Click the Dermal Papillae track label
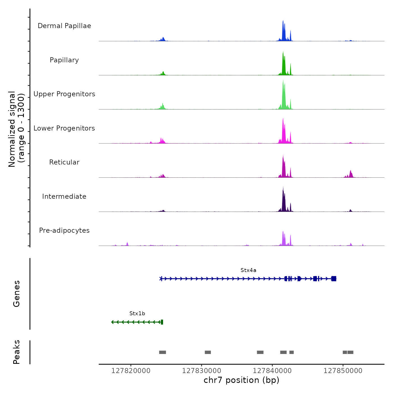64,26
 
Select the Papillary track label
64,60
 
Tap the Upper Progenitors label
64,94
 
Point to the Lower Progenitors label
64,128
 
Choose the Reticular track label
64,162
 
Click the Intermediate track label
64,196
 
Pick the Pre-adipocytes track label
64,230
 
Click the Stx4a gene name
248,270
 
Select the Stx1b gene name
137,314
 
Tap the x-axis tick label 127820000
131,371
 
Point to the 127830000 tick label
202,371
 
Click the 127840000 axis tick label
272,371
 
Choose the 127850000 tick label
343,371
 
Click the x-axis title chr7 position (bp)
241,380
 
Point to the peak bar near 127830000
208,352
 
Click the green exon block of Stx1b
162,322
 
